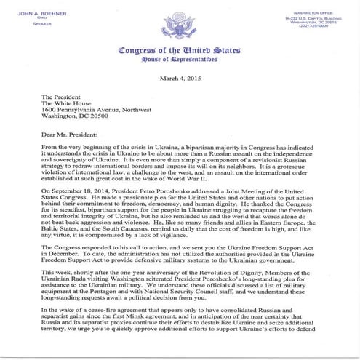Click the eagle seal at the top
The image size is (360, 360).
(180, 21)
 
